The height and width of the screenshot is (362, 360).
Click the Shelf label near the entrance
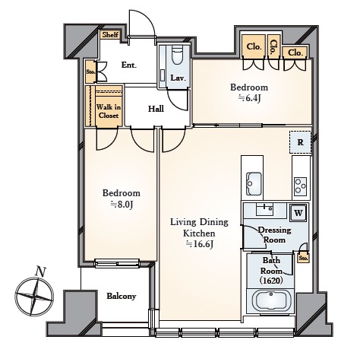click(x=110, y=34)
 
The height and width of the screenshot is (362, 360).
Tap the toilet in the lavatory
click(x=177, y=56)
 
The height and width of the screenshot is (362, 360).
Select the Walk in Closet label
click(x=109, y=111)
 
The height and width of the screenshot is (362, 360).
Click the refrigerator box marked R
click(x=300, y=142)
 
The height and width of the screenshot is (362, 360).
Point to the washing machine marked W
click(x=298, y=213)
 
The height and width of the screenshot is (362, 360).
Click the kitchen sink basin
click(x=254, y=183)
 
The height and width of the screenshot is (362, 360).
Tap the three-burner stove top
click(x=301, y=186)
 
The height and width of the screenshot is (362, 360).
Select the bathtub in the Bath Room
click(x=271, y=301)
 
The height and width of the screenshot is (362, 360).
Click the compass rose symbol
click(x=34, y=297)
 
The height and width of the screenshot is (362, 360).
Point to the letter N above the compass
click(x=40, y=271)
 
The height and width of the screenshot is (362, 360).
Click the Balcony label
click(x=122, y=296)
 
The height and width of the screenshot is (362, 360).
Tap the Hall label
click(x=156, y=109)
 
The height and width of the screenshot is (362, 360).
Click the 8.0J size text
click(x=122, y=205)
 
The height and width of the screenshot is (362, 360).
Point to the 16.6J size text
click(x=200, y=244)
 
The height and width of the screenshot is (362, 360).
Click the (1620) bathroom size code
click(x=271, y=281)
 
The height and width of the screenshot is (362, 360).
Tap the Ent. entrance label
click(x=129, y=65)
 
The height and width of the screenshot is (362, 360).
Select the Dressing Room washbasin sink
click(x=264, y=209)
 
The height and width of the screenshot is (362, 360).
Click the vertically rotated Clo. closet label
click(x=273, y=48)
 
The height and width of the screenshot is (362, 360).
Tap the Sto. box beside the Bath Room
click(x=303, y=259)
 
